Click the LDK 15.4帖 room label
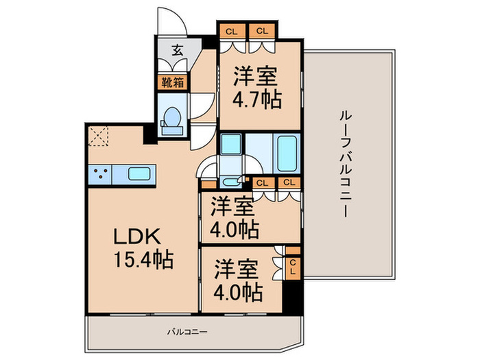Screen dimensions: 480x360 click(143, 248)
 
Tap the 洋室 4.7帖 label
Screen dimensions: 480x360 click(257, 88)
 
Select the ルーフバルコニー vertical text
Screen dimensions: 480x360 click(346, 164)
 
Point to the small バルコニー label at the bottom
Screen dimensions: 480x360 click(187, 332)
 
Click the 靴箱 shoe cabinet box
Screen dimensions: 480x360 click(173, 83)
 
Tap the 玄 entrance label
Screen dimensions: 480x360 click(177, 50)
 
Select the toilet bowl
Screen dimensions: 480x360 click(171, 120)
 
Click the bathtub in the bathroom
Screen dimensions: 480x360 click(287, 154)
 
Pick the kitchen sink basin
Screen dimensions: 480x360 click(139, 174)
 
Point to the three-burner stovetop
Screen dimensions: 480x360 click(100, 175)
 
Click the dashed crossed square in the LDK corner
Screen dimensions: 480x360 click(98, 136)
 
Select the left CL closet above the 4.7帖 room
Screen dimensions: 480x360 click(232, 32)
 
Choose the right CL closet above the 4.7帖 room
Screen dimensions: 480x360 click(262, 31)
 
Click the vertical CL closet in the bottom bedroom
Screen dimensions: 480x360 click(293, 267)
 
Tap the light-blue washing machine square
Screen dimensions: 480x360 click(231, 144)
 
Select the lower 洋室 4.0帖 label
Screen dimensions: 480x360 click(238, 280)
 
